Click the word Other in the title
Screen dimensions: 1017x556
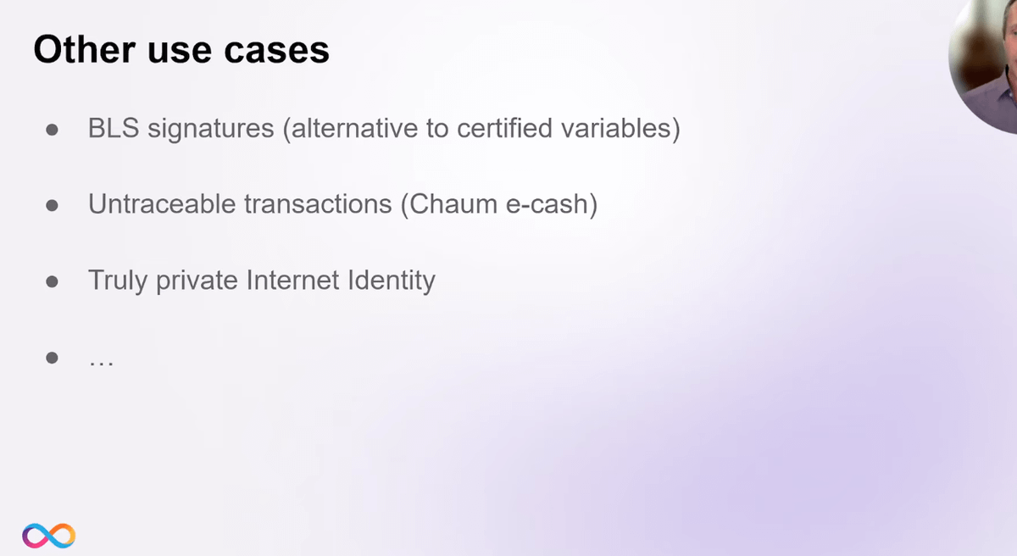85,49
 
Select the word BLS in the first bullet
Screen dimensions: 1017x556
114,128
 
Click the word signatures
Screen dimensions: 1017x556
211,130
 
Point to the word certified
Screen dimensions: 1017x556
504,128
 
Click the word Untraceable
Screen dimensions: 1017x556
162,203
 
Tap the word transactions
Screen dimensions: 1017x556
318,204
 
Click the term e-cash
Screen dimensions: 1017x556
547,204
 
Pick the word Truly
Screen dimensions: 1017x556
118,281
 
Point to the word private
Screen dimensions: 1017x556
197,281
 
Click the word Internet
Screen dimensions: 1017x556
293,280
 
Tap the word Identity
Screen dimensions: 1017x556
392,281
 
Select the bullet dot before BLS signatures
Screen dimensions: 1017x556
53,130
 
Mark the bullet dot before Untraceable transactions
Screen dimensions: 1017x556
53,206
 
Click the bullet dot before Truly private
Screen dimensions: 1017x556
53,282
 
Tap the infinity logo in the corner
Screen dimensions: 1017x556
48,536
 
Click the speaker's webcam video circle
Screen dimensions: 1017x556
985,64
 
